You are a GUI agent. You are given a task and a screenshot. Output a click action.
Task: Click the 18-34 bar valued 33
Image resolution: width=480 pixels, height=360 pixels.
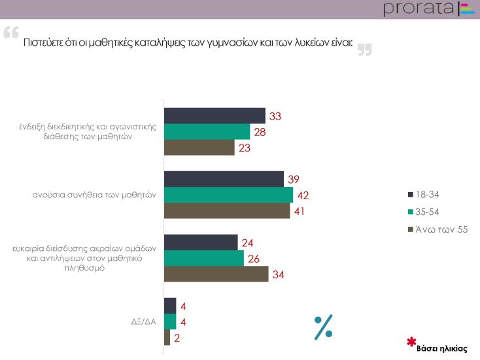point(214,116)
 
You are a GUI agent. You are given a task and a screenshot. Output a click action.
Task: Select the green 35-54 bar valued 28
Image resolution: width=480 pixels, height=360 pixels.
point(207,132)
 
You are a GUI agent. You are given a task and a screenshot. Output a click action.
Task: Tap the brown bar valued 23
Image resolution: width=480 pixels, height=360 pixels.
point(199,148)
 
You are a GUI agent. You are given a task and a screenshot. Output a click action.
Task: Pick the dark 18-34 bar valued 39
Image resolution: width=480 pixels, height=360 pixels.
point(224,179)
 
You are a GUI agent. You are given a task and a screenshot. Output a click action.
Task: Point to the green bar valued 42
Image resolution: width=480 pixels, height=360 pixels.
point(228,195)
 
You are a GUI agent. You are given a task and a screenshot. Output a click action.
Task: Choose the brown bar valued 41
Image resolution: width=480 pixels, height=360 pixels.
point(227,211)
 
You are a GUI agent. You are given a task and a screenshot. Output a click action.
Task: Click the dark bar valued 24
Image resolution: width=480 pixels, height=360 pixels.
point(201,242)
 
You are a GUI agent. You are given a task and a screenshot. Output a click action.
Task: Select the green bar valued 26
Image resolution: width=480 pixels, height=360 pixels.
point(203,258)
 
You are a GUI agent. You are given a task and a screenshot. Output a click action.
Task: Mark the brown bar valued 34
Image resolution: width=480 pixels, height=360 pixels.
point(216,274)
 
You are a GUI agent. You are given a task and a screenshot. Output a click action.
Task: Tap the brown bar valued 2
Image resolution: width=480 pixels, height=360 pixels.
point(167,337)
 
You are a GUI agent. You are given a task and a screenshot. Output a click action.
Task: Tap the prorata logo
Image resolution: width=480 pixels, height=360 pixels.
point(428,8)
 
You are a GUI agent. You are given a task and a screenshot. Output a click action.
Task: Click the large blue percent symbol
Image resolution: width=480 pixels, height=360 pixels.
point(324,327)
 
